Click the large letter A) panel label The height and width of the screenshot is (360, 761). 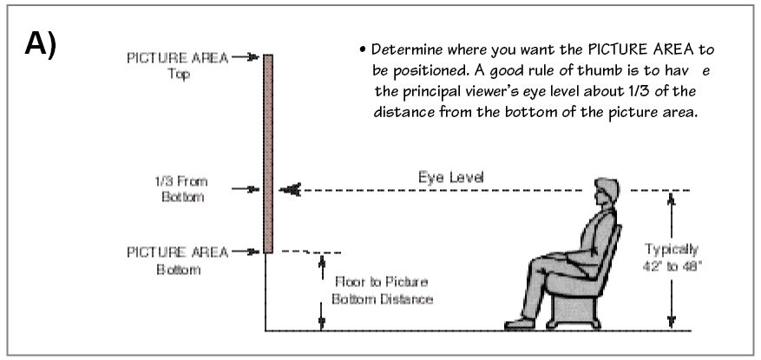pos(40,44)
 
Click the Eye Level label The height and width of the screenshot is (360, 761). pos(451,178)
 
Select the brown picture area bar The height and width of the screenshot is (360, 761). pos(268,154)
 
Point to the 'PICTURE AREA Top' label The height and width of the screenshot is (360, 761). pos(178,66)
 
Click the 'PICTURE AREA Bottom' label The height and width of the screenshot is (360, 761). pos(178,261)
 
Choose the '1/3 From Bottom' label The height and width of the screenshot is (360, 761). pos(181,189)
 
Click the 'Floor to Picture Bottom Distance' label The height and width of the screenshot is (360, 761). pos(382,291)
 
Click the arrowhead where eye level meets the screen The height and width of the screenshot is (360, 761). pos(290,190)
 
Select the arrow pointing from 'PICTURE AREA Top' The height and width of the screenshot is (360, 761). pos(246,57)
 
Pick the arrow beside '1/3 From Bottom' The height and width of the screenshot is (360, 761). pos(246,189)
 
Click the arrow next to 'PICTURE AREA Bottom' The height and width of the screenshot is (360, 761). pos(246,252)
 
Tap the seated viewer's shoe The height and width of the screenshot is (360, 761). pos(520,323)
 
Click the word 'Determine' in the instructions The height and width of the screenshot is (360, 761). pos(406,50)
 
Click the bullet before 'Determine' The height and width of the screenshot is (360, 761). pos(363,50)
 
